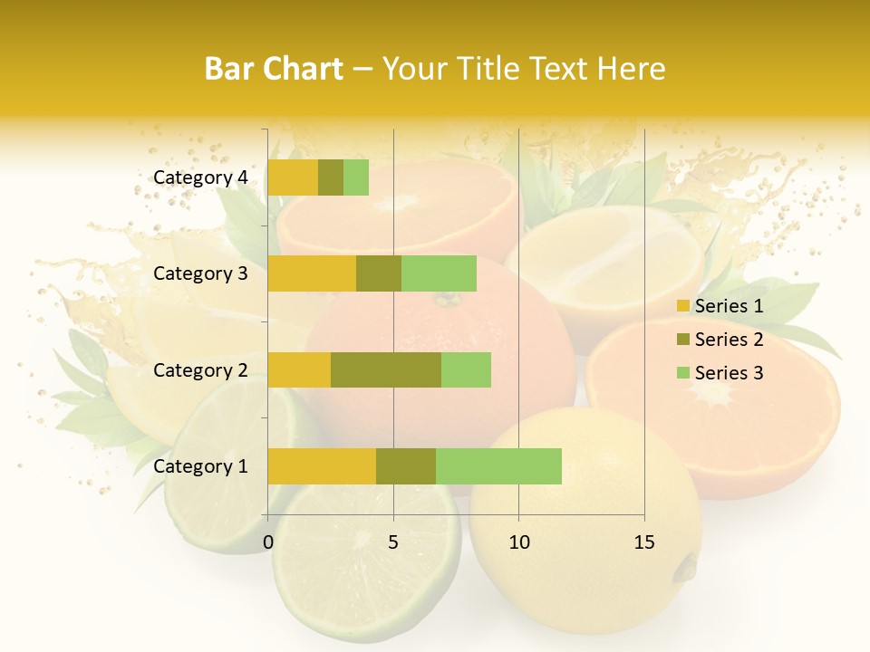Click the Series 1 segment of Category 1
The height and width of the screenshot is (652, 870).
click(322, 466)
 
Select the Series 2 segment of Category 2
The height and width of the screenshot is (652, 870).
click(386, 369)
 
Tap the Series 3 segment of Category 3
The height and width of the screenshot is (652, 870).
click(439, 273)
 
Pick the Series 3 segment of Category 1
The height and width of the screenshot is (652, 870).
click(498, 466)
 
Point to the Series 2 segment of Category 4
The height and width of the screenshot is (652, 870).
click(331, 177)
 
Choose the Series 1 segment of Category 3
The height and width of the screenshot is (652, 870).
click(312, 273)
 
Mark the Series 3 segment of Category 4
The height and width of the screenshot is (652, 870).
click(356, 177)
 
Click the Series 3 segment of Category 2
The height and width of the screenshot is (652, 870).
click(466, 369)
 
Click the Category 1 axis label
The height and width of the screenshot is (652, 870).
click(200, 466)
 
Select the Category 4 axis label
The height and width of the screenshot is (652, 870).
click(200, 177)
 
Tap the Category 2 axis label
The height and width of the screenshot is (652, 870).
click(200, 369)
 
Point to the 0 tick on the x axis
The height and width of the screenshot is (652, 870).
click(268, 542)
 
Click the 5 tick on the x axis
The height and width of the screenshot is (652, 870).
click(393, 542)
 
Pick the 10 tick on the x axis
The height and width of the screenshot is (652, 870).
click(518, 542)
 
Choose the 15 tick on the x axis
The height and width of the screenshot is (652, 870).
click(644, 542)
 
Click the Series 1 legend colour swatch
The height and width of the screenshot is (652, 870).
click(682, 306)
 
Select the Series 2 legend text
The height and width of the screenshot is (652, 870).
click(729, 340)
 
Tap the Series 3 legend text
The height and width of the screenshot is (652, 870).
click(729, 373)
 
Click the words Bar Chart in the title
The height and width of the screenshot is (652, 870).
click(274, 69)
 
